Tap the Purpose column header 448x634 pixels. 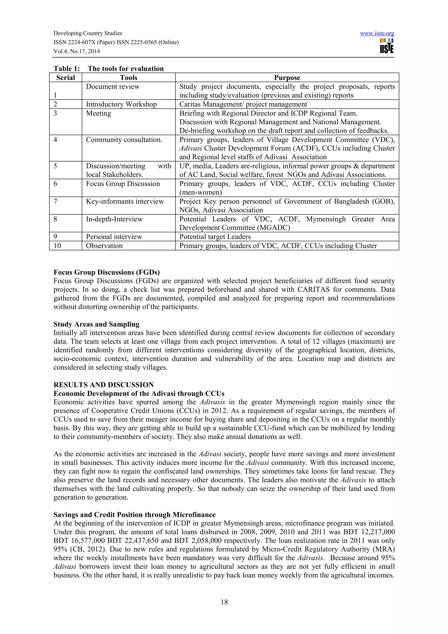click(287, 78)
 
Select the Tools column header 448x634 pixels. click(128, 78)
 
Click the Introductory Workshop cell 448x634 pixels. click(121, 104)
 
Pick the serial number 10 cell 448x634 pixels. click(57, 246)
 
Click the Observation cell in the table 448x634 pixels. click(104, 246)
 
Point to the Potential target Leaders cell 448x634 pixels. click(215, 237)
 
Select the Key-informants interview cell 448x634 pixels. click(125, 201)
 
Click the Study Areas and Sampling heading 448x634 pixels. click(96, 324)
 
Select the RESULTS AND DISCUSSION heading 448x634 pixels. click(103, 385)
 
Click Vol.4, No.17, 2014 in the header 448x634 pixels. click(77, 51)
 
